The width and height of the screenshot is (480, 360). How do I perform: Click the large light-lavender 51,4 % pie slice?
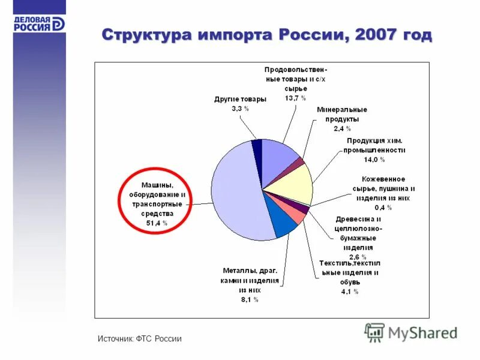point(234,192)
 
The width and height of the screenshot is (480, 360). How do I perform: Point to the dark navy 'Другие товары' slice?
point(257,144)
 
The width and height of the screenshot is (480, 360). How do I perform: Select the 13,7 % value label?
point(295,97)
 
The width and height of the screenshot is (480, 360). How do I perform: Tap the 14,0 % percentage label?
point(374,160)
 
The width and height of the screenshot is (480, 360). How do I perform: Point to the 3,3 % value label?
point(240,109)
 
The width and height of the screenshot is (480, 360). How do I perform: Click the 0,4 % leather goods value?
point(383,208)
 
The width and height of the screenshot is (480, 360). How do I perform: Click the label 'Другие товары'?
point(240,100)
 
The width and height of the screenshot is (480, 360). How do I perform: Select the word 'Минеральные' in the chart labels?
point(341,110)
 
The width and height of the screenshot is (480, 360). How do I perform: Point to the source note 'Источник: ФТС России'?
point(139,339)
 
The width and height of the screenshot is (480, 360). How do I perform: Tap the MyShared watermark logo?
point(410,332)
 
